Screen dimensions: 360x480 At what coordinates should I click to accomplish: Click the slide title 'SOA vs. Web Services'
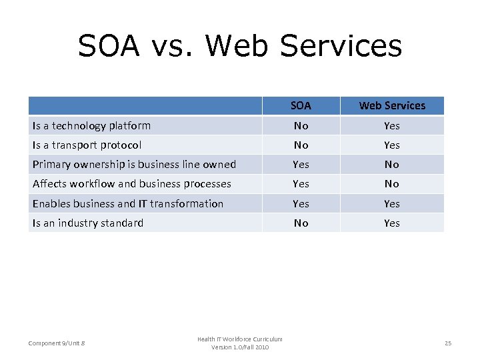coord(240,46)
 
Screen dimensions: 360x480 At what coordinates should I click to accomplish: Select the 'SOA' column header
coord(301,105)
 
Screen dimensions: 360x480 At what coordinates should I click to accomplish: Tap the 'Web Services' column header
coord(392,105)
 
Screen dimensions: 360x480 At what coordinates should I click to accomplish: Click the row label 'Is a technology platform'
coord(91,125)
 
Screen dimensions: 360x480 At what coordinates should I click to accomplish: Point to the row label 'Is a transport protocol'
coord(87,145)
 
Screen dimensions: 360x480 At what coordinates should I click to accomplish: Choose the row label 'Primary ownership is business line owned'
coord(134,164)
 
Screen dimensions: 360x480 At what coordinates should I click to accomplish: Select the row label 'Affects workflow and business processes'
coord(131,183)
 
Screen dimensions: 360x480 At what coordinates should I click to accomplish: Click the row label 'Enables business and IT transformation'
coord(127,203)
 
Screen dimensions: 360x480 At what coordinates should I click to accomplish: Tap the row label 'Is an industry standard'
coord(87,223)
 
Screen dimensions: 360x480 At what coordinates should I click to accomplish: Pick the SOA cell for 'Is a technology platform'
coord(301,125)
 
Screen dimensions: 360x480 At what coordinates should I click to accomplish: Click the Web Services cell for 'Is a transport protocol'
coord(392,145)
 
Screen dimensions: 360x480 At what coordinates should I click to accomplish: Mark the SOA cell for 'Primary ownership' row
coord(301,164)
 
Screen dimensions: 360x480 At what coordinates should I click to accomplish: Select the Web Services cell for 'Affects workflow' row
coord(392,183)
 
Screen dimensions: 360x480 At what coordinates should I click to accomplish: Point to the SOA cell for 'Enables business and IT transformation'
coord(301,203)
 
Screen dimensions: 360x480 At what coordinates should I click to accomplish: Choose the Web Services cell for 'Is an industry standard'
coord(392,223)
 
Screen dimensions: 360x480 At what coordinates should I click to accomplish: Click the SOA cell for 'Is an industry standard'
coord(301,223)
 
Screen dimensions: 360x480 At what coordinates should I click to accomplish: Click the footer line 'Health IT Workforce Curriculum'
coord(239,339)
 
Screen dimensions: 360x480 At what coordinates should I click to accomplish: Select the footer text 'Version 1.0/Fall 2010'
coord(240,347)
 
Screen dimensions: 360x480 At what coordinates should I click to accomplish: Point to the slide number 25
coord(448,343)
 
